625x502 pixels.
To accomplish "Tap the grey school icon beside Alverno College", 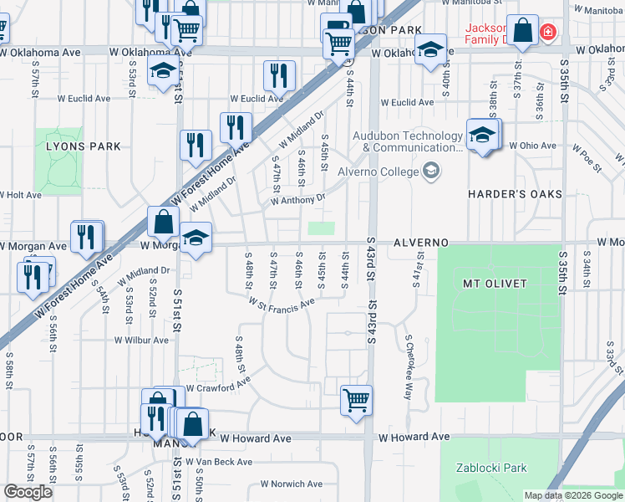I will pyautogui.click(x=431, y=172).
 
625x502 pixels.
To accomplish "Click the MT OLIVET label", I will pyautogui.click(x=495, y=284).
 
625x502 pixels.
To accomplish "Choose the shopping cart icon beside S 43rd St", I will pyautogui.click(x=356, y=400).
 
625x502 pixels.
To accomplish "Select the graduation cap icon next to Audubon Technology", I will pyautogui.click(x=482, y=136).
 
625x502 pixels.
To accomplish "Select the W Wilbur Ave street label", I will pyautogui.click(x=142, y=341).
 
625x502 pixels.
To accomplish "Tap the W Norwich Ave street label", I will pyautogui.click(x=292, y=484).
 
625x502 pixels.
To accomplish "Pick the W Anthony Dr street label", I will pyautogui.click(x=297, y=201).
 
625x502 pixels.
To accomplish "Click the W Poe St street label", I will pyautogui.click(x=587, y=156).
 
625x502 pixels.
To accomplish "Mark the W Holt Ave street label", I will pyautogui.click(x=21, y=195).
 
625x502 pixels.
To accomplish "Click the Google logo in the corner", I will pyautogui.click(x=28, y=492).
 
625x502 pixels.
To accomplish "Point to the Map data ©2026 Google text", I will pyautogui.click(x=572, y=495).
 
